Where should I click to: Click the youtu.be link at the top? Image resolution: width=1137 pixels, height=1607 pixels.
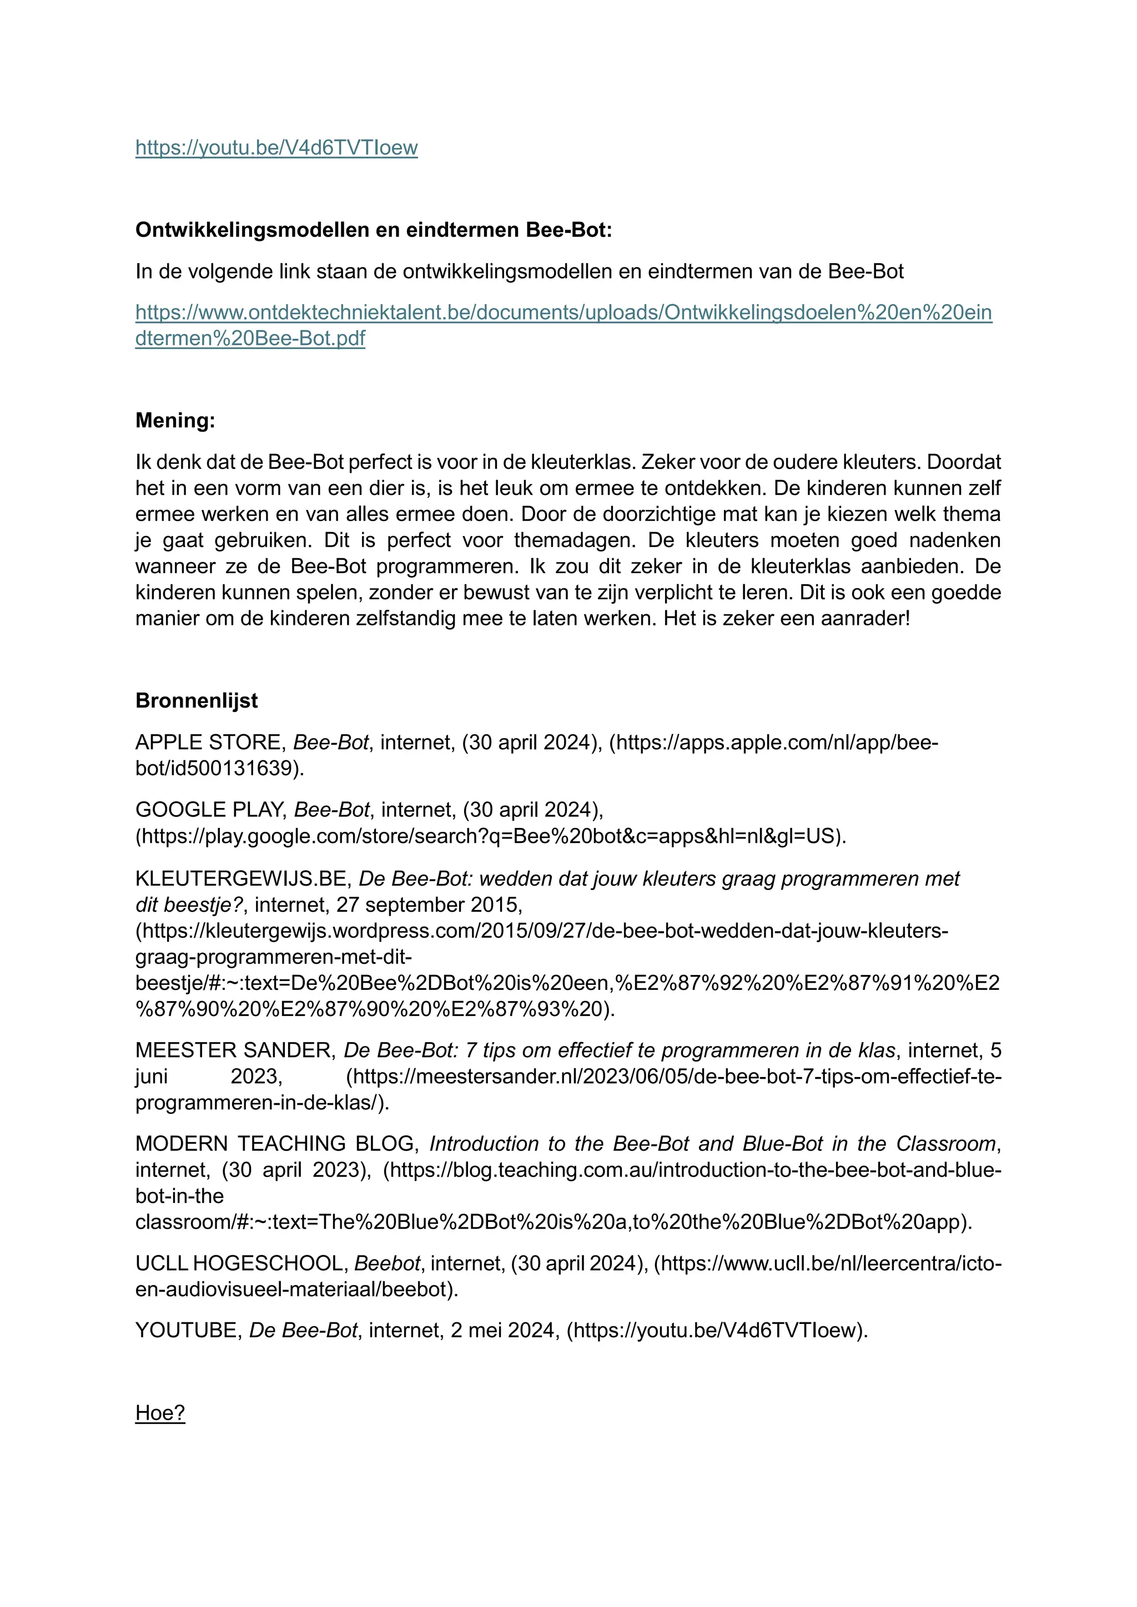[276, 148]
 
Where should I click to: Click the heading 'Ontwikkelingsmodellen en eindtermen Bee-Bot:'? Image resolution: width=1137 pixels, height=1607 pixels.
[373, 230]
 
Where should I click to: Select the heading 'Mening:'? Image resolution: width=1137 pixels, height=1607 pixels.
[175, 421]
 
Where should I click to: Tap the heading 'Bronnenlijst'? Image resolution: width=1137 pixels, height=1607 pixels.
[196, 701]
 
